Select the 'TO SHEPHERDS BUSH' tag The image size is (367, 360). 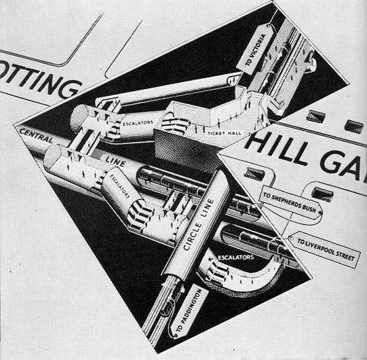pos(290,202)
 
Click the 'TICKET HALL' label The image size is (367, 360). pos(225,133)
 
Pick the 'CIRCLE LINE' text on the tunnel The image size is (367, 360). pos(198,225)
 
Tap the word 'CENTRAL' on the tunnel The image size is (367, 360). pos(36,135)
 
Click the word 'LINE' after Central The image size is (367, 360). pos(115,161)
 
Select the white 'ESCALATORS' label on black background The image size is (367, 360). pos(235,257)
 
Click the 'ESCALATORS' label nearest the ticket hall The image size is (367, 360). pos(138,122)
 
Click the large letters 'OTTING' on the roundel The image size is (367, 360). pos(39,79)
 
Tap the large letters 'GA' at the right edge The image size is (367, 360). pos(343,165)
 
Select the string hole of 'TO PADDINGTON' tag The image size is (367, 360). pos(176,336)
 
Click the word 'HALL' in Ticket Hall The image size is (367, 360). pos(233,133)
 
